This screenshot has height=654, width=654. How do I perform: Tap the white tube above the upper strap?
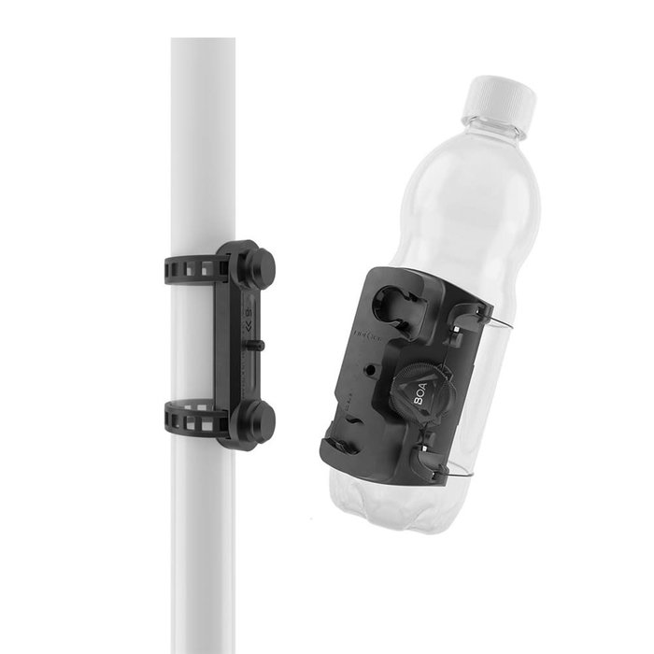[x=202, y=140]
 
